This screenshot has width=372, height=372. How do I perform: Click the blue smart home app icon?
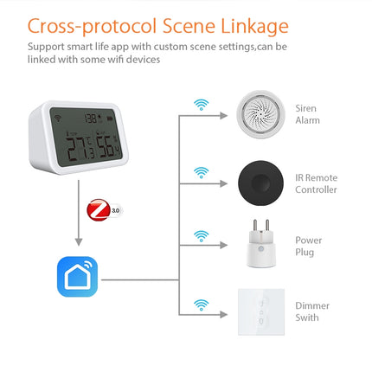point(78,277)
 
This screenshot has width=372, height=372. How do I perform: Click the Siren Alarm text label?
point(306,114)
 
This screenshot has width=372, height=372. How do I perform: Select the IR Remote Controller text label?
point(316,183)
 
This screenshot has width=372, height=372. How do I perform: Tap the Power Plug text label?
point(308,247)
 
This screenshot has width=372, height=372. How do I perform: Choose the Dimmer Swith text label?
point(311,311)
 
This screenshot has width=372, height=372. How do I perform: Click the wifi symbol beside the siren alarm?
point(201,104)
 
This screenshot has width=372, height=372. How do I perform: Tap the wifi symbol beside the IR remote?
point(201,171)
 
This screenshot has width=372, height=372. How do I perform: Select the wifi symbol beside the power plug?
point(201,235)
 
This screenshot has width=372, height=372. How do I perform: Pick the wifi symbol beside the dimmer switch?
point(201,304)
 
